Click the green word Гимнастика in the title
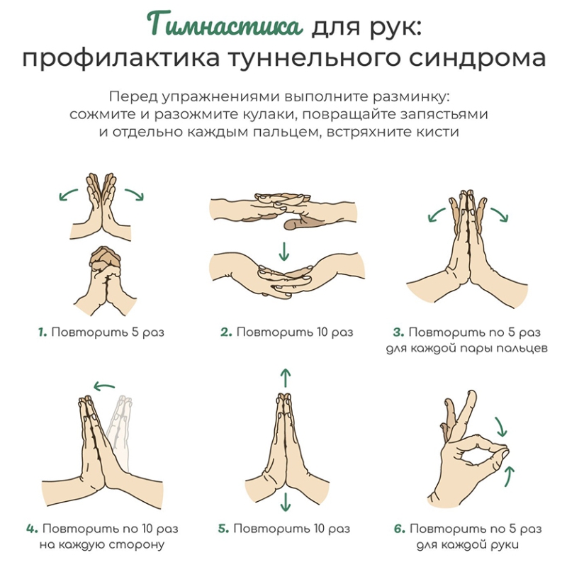click(225, 25)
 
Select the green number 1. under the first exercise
click(43, 332)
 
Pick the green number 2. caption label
click(226, 332)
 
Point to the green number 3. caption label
click(398, 332)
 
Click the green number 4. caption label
click(32, 529)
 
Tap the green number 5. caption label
click(223, 529)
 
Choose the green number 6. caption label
click(400, 529)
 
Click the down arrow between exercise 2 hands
click(284, 252)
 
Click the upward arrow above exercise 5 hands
click(286, 378)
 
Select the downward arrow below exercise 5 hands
click(286, 502)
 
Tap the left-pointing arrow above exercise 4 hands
click(104, 386)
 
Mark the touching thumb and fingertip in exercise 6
click(503, 452)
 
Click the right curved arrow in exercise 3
click(500, 215)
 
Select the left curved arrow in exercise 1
click(68, 194)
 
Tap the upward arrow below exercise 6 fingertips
click(509, 476)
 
